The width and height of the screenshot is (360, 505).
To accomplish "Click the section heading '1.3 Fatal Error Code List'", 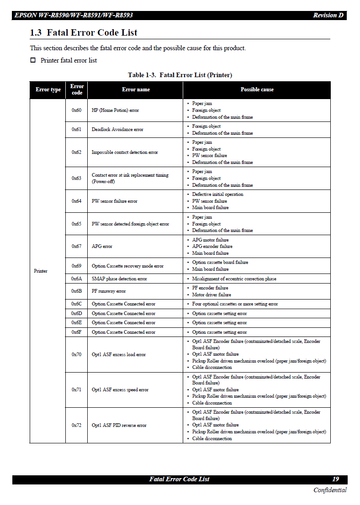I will [x=84, y=33].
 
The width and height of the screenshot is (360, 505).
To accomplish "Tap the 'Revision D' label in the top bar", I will [x=328, y=16].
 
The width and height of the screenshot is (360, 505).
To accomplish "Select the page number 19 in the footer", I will [x=335, y=479].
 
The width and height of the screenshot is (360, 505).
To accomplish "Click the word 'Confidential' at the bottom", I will [x=329, y=490].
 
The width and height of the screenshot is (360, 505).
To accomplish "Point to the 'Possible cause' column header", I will [x=257, y=89].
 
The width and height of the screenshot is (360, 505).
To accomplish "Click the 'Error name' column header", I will [x=136, y=89].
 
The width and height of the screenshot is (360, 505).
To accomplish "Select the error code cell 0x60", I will [x=76, y=110].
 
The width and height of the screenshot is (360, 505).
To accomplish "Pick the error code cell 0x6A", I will [x=76, y=279].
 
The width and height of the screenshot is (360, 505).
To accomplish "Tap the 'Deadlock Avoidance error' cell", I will [x=117, y=130].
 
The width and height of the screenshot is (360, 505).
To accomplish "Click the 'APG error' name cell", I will [x=102, y=247].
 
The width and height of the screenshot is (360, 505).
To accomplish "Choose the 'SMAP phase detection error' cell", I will [x=119, y=279].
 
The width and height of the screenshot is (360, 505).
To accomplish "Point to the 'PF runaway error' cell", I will [x=109, y=291].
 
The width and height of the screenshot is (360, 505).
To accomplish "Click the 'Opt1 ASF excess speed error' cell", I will [x=120, y=390].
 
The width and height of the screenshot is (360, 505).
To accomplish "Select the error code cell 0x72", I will [x=76, y=426].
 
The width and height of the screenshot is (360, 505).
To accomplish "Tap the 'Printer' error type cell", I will [x=41, y=271].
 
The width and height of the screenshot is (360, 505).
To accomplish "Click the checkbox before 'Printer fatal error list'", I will [x=33, y=60].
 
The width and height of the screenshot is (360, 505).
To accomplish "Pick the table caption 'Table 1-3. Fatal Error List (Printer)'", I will [x=180, y=75].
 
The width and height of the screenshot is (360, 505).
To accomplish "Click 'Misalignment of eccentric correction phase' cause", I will [x=234, y=279].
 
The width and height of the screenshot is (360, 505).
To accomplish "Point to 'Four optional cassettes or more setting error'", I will [x=235, y=304].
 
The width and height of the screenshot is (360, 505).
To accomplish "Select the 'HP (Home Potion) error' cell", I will [x=115, y=110].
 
